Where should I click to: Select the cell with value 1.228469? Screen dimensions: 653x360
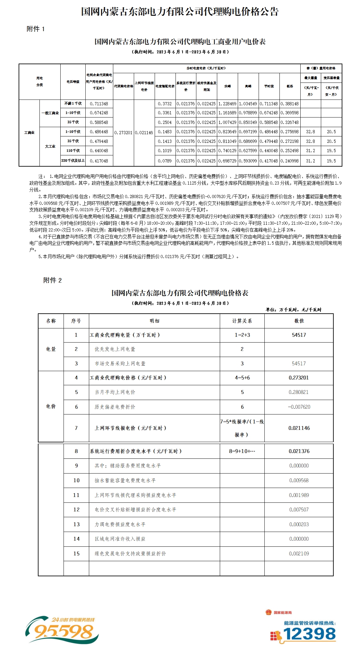[227, 104]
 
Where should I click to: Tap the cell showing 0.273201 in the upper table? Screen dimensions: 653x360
[124, 132]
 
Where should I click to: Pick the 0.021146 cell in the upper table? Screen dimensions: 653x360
[144, 132]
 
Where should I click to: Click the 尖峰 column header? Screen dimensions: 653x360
[227, 86]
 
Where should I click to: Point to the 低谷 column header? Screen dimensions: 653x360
[290, 86]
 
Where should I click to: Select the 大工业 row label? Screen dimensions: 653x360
[50, 146]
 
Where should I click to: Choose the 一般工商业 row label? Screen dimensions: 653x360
[50, 113]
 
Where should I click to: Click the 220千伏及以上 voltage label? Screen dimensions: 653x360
[73, 161]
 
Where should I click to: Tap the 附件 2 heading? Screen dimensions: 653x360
[52, 280]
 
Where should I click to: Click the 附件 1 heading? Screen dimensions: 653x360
[36, 29]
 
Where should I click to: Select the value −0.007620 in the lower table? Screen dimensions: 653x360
[299, 407]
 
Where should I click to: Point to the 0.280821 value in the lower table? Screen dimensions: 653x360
[299, 392]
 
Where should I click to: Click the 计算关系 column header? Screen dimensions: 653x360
[242, 321]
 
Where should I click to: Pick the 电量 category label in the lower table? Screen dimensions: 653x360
[51, 349]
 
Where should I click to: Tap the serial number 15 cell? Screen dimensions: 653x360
[76, 553]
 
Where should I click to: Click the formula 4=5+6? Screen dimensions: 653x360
[242, 378]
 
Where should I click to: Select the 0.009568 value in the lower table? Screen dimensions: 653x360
[299, 480]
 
